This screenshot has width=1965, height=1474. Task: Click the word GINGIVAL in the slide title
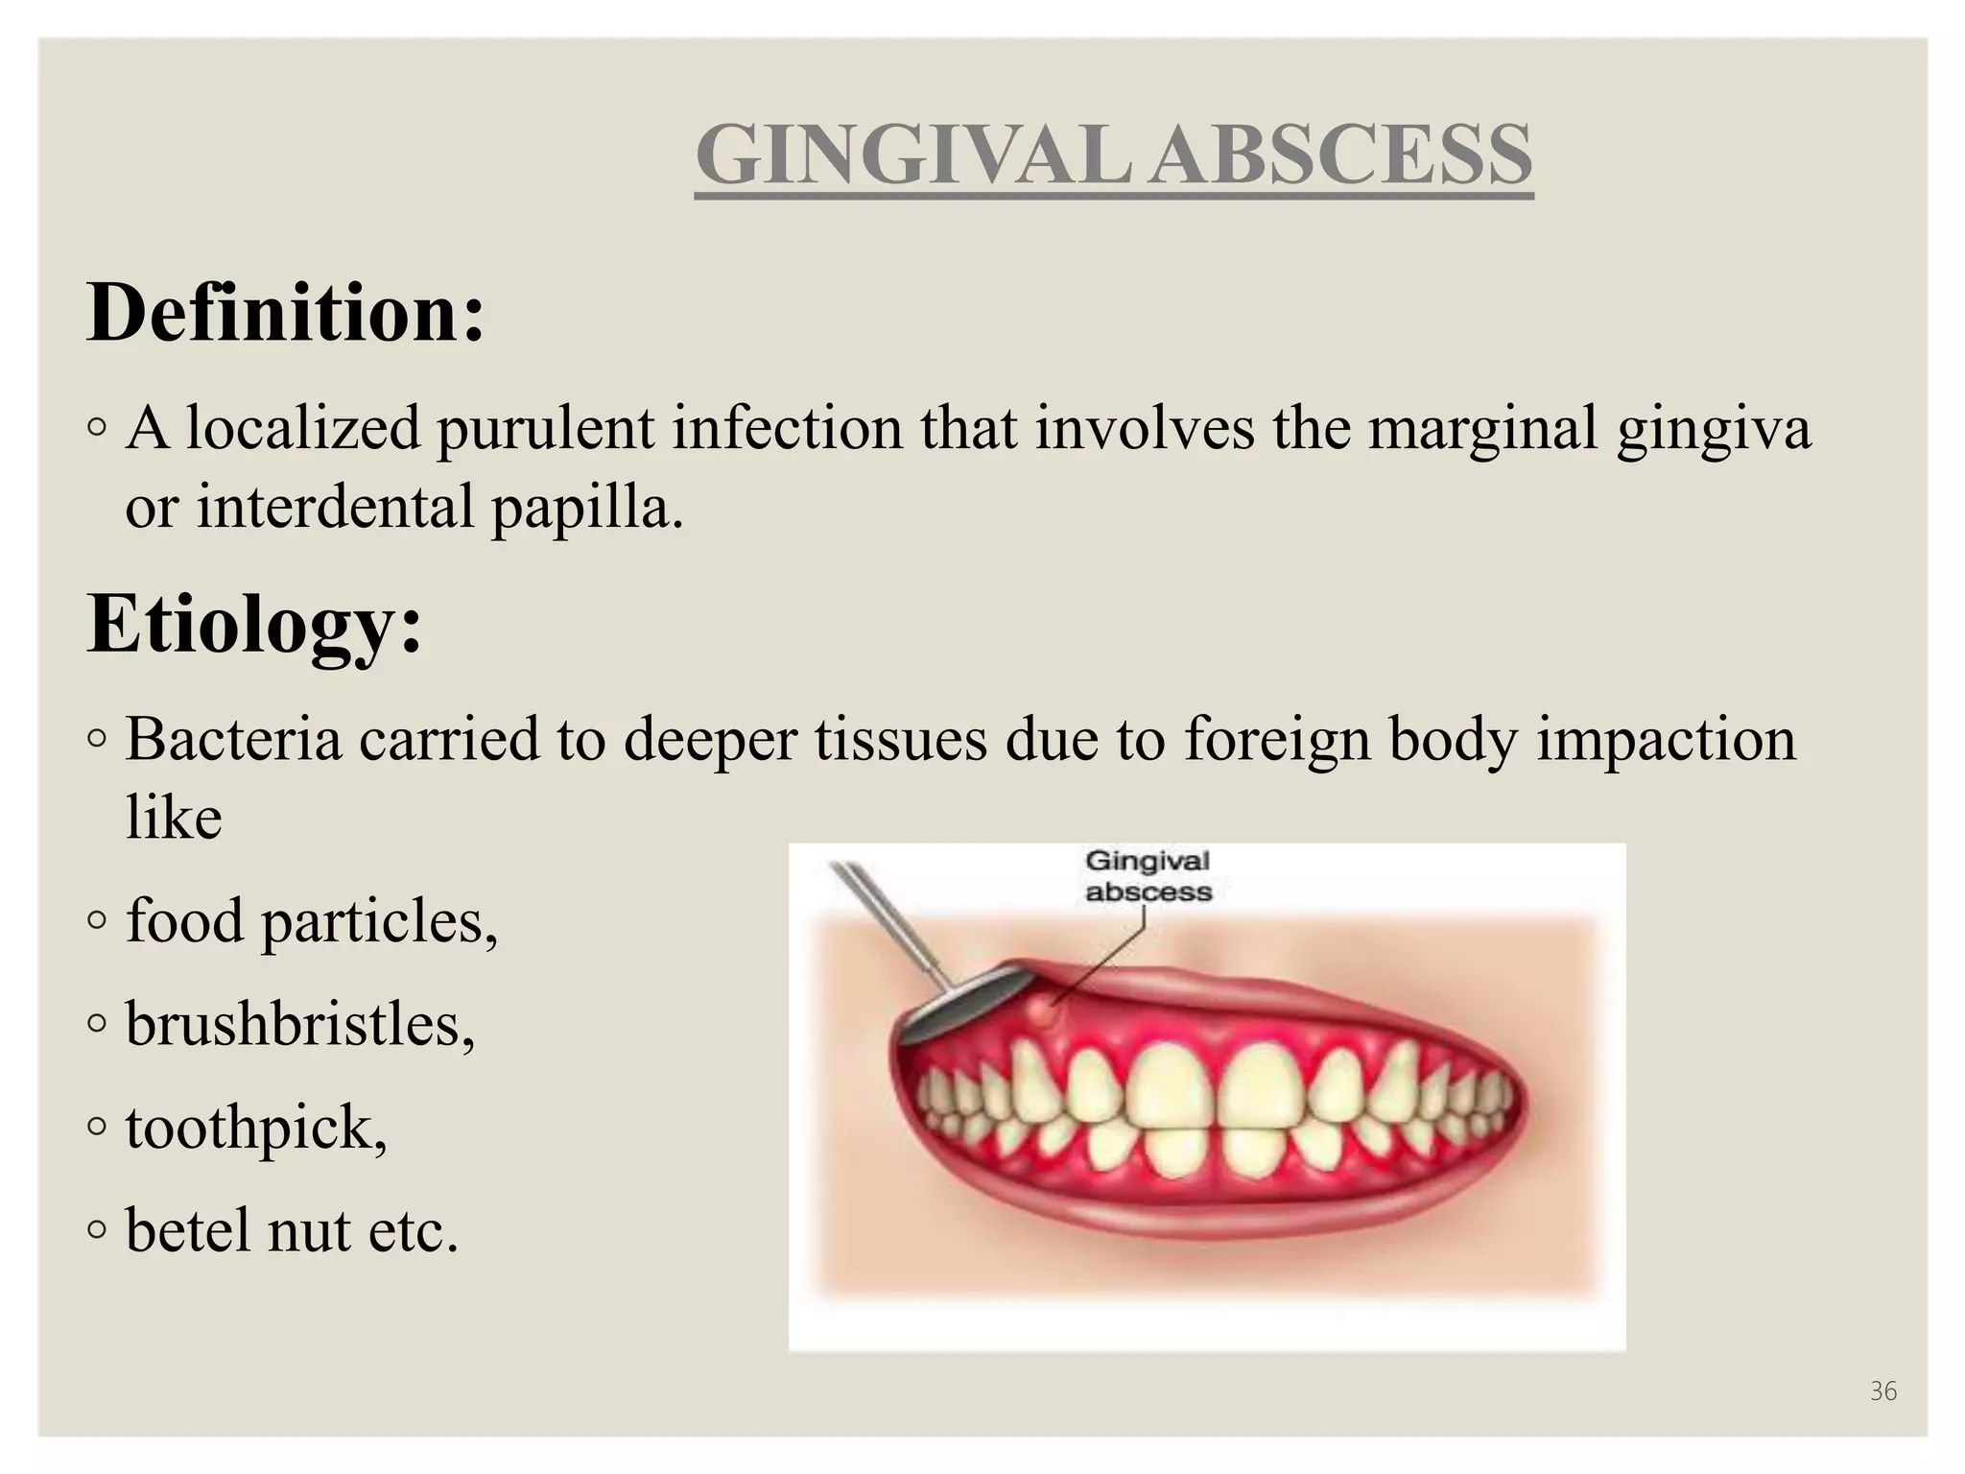(911, 155)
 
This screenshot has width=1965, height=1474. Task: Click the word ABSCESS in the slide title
(1340, 155)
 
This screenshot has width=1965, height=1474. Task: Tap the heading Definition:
(286, 313)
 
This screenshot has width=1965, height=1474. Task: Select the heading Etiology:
(254, 624)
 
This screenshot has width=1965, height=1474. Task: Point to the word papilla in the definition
(587, 508)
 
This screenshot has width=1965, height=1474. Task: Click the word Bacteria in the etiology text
(234, 739)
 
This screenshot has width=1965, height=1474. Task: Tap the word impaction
(1667, 739)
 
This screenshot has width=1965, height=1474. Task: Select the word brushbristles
(299, 1024)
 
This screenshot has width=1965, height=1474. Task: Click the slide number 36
(1882, 1391)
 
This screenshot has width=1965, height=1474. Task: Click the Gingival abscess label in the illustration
(1148, 876)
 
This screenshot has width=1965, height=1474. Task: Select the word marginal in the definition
(1482, 428)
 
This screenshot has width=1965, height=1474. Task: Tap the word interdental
(336, 508)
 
